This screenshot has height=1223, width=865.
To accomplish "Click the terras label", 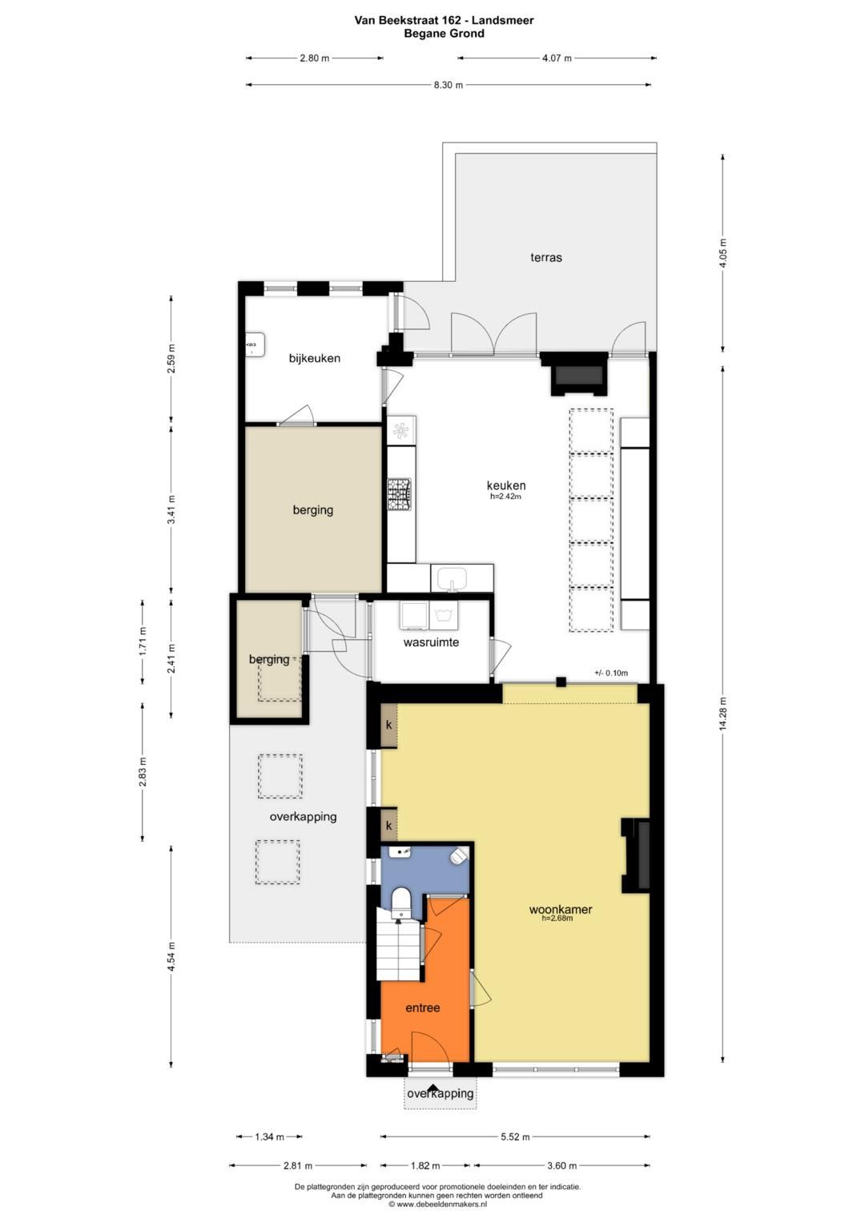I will tap(546, 258).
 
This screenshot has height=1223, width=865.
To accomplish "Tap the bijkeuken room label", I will tap(315, 358).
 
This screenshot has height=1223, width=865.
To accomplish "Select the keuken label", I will tap(506, 485).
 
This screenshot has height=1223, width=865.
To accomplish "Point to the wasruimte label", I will tap(431, 642).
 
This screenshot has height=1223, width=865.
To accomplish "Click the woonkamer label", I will tap(561, 909).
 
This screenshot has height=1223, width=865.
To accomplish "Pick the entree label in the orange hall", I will tap(423, 1008).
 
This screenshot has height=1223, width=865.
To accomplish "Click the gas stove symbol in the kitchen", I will tap(400, 494).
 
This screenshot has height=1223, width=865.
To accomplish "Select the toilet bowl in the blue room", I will tap(400, 901).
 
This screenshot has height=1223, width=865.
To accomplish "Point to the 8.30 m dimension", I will tap(449, 85).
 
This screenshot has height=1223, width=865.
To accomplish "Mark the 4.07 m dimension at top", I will tap(557, 58).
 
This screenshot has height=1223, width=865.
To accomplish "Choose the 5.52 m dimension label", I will tap(514, 1137).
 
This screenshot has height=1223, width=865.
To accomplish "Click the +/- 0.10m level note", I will tap(611, 673).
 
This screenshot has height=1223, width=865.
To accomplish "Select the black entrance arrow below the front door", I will tap(433, 1088).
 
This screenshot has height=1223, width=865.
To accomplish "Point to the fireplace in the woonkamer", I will tap(638, 855).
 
